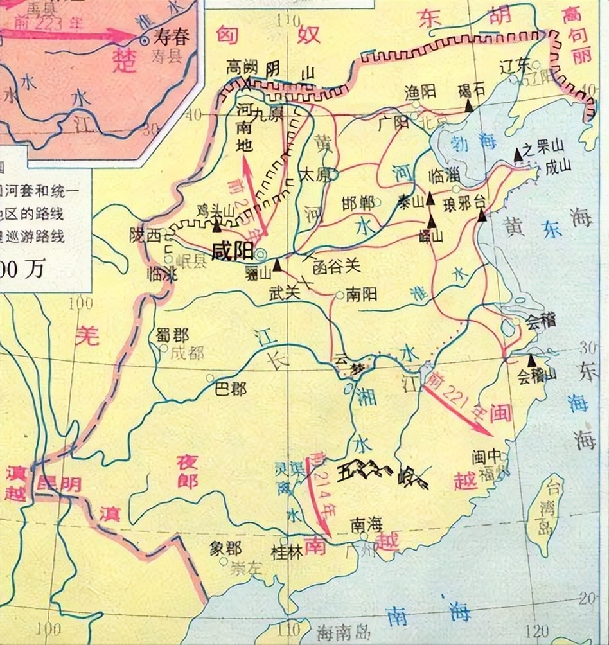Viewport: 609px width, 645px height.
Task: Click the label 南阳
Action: click(361, 295)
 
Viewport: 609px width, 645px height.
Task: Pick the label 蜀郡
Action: click(172, 335)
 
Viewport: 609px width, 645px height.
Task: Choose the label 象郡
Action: click(225, 548)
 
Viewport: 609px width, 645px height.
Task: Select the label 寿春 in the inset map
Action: click(172, 37)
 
